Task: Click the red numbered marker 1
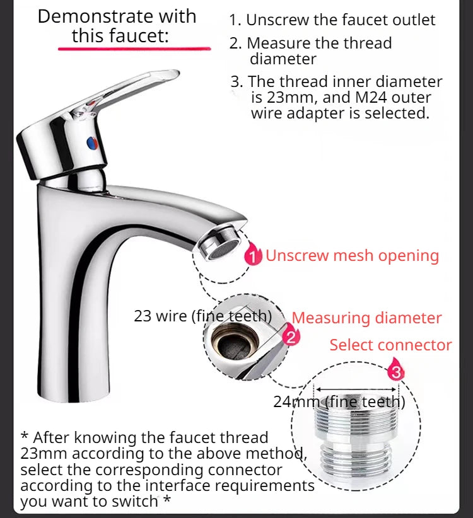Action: (x=253, y=256)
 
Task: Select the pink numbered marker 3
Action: (x=395, y=372)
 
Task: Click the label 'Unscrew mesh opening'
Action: (x=352, y=256)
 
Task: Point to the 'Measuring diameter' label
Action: (x=366, y=318)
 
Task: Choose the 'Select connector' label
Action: (x=390, y=345)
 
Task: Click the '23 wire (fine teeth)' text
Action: (x=202, y=315)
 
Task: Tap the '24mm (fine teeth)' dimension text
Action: (x=339, y=401)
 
